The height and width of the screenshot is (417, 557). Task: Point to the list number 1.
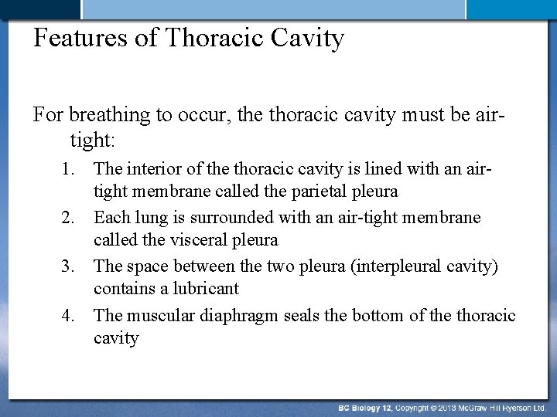click(x=70, y=169)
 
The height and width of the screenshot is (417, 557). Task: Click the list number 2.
click(x=70, y=219)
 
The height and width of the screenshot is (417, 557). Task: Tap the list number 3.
click(x=70, y=267)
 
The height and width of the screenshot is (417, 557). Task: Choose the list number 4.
click(x=70, y=316)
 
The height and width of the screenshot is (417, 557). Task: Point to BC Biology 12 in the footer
click(x=367, y=407)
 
